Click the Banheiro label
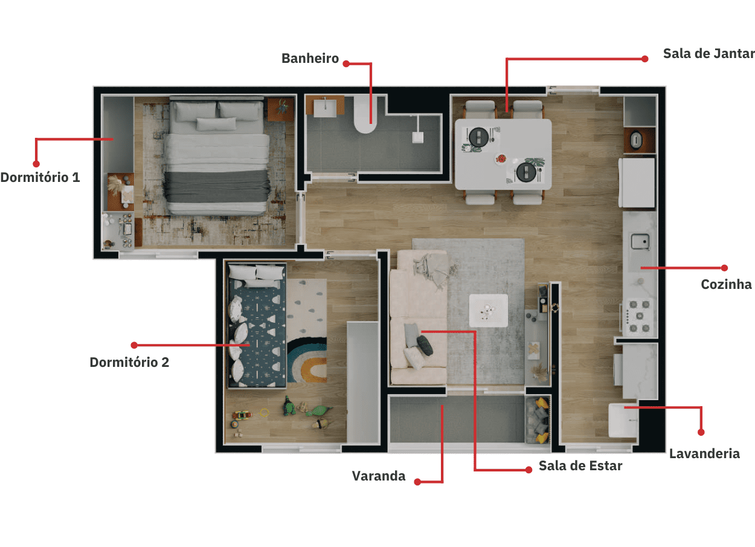click(x=310, y=59)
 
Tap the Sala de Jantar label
click(x=709, y=54)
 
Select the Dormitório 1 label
click(x=40, y=177)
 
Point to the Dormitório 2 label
click(x=129, y=362)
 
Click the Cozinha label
click(x=727, y=284)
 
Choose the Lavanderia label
click(x=704, y=453)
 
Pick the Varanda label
click(x=379, y=476)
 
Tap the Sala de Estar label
click(x=580, y=466)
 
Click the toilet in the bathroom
click(x=365, y=114)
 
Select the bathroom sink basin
click(x=325, y=108)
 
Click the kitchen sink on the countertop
click(x=640, y=241)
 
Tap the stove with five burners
click(x=639, y=316)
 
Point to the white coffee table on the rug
click(x=489, y=310)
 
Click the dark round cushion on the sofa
click(x=425, y=345)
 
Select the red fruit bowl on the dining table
click(x=501, y=158)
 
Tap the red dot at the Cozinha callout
click(x=724, y=268)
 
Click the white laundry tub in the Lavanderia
click(x=623, y=421)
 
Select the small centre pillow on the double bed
click(x=216, y=124)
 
